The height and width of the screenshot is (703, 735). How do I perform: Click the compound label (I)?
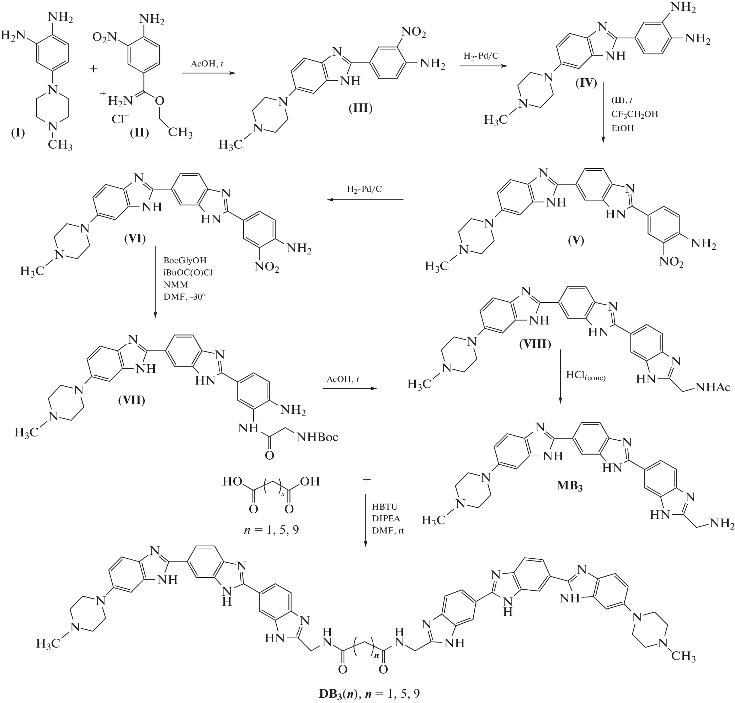(x=18, y=133)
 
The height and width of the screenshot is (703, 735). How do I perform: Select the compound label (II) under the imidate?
(x=139, y=133)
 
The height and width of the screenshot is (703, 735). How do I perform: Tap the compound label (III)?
(x=360, y=108)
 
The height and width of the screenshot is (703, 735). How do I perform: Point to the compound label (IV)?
(x=586, y=83)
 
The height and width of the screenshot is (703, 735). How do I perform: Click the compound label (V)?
(x=576, y=240)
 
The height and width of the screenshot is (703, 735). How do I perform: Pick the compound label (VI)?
(x=135, y=238)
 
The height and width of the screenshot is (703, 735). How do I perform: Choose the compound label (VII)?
(x=131, y=400)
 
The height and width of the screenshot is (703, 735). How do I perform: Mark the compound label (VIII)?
(x=535, y=344)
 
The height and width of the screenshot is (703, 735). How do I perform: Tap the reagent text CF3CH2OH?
(x=634, y=114)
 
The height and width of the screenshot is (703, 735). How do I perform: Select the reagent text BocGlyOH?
(x=185, y=260)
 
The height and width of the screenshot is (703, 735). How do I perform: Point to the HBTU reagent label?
(x=385, y=507)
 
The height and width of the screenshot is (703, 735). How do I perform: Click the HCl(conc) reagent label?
(x=586, y=375)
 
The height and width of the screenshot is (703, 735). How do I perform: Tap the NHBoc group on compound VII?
(x=317, y=437)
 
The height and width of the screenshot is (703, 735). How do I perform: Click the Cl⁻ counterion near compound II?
(x=120, y=119)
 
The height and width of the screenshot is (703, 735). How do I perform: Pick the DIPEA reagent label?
(x=386, y=519)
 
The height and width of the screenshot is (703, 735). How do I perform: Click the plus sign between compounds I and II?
(x=94, y=69)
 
